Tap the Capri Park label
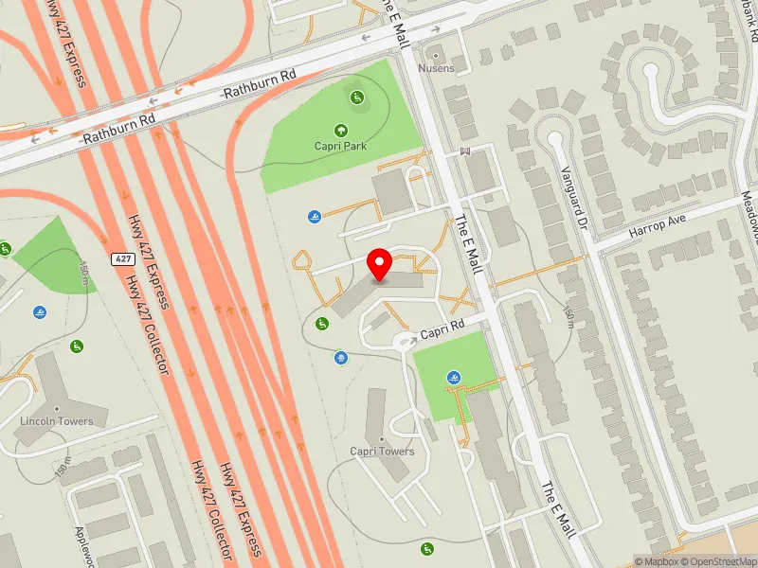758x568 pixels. tap(340, 146)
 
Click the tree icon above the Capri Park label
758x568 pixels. tap(340, 130)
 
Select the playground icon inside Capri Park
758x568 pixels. tap(357, 97)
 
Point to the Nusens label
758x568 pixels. tap(437, 68)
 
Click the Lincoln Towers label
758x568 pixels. tap(57, 420)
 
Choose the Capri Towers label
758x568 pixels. tap(382, 452)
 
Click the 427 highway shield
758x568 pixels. tap(121, 258)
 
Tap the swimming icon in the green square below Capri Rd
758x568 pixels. tap(456, 379)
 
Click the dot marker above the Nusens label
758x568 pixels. tap(437, 54)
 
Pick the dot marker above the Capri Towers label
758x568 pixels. tap(382, 438)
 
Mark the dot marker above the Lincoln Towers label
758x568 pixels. tap(57, 407)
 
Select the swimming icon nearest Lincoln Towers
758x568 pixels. tap(40, 312)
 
